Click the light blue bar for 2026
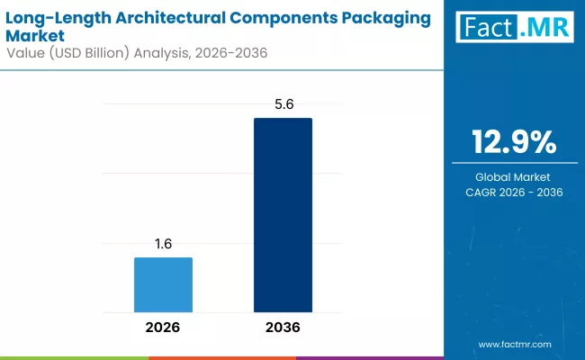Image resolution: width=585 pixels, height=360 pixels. pos(163,284)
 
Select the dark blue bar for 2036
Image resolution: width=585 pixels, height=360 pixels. pos(283,215)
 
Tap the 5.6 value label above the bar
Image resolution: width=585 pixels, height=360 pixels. pos(283,105)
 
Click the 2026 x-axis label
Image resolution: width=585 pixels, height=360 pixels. pos(163,327)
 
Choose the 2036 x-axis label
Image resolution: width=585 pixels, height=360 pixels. pos(283,327)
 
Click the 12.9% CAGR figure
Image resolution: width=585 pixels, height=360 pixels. pos(514,143)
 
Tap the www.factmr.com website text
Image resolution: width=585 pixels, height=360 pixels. pos(514,344)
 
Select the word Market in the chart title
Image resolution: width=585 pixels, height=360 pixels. pos(36,35)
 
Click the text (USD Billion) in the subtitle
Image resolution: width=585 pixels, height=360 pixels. pos(89,53)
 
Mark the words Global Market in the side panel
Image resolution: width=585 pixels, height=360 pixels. pos(514,177)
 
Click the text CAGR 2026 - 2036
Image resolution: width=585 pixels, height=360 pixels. pos(514,193)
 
